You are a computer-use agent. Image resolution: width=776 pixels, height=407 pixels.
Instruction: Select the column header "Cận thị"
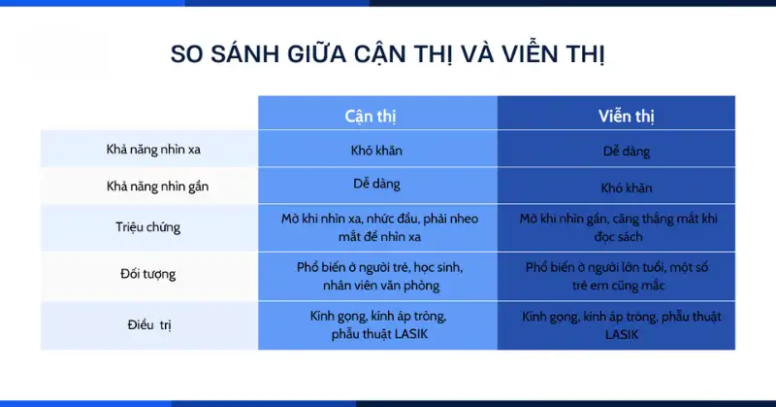[x=371, y=115]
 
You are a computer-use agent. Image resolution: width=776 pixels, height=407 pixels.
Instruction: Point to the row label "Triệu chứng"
[x=148, y=227]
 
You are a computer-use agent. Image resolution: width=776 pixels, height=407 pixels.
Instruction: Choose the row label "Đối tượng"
[x=147, y=275]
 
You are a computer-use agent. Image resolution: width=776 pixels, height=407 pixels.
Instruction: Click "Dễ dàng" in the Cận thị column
[x=376, y=183]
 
